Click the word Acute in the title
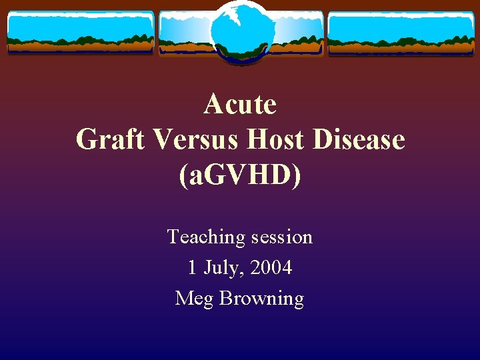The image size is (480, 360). coord(240,104)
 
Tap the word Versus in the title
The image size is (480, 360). coord(197,140)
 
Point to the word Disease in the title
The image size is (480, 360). coord(360,140)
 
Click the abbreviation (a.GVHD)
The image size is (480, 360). coord(240,175)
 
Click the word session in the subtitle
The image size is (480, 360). coord(281,237)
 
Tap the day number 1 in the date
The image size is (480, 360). coord(192,268)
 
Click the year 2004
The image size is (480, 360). coord(271,268)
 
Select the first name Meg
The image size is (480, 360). coord(194,299)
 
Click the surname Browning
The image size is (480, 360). coord(261,299)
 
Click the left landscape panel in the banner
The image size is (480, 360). coord(80,33)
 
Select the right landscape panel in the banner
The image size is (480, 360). coord(401,33)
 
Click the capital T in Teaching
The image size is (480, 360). coord(173,237)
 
